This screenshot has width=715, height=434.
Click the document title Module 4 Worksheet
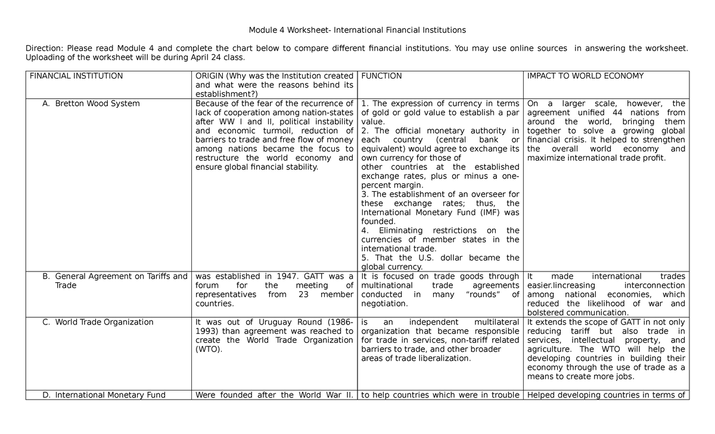(x=357, y=29)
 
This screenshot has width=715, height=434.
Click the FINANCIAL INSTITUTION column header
(x=76, y=76)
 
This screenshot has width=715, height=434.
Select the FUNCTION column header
(x=381, y=76)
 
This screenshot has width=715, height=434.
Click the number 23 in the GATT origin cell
(x=304, y=295)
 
